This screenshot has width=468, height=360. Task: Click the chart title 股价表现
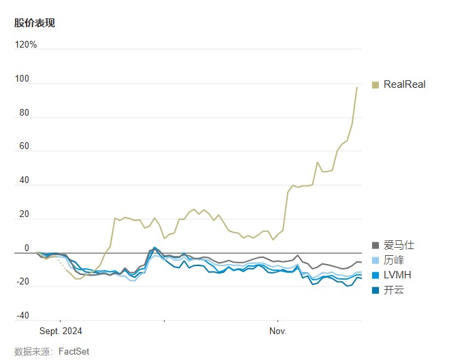35,23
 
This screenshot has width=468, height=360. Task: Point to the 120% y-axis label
26,45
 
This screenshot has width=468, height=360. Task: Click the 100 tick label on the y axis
22,79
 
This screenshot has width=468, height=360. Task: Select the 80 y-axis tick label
24,113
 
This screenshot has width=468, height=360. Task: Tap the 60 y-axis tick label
24,147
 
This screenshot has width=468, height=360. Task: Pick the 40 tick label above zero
24,180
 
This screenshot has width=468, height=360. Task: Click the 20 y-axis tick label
24,214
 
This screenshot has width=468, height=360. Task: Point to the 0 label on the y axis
27,248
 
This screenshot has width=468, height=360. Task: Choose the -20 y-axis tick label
22,282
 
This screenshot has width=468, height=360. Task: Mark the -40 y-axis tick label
22,316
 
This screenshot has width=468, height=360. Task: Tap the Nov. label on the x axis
278,331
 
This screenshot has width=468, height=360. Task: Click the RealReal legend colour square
375,85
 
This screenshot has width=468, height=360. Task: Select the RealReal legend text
404,85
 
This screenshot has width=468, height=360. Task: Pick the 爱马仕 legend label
399,245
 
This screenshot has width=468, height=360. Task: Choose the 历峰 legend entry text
394,260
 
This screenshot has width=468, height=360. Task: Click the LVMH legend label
397,275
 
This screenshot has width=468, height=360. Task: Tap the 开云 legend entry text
394,291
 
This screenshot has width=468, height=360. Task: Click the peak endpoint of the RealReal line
356,87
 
